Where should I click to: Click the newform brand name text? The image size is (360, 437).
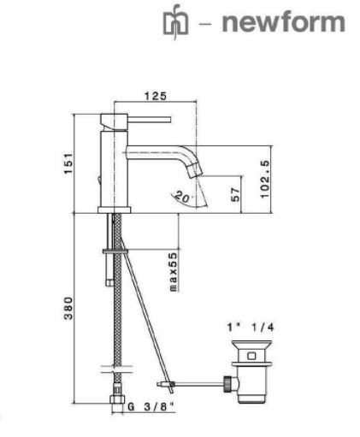tap(283, 22)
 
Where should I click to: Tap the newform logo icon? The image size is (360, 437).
tap(175, 22)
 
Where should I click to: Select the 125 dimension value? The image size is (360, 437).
tap(155, 96)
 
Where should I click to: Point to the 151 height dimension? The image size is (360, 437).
tap(68, 163)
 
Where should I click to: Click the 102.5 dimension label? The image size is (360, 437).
tap(264, 179)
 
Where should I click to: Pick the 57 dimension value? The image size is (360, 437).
tap(235, 194)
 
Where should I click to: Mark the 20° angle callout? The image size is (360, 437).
tap(183, 197)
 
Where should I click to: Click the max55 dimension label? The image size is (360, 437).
tap(174, 272)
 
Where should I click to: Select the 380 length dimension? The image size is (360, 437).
tap(68, 308)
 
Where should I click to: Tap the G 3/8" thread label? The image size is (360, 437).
tap(150, 407)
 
